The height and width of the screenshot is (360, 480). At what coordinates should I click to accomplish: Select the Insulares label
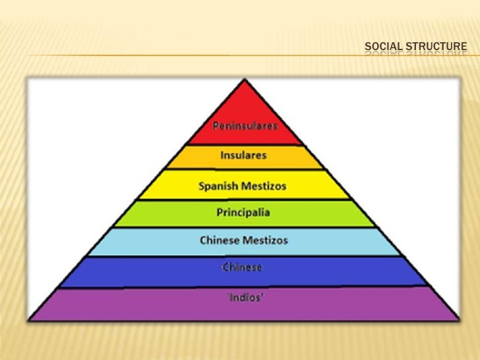243,156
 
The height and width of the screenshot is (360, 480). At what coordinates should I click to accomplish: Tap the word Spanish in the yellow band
217,186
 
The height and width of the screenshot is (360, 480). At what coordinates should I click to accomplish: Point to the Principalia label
243,213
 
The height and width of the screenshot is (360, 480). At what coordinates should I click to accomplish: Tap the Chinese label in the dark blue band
242,267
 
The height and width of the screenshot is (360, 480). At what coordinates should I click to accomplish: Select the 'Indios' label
245,297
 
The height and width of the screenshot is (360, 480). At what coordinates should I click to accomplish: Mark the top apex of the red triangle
245,80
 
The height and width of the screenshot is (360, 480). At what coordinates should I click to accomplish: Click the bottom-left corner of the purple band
32,320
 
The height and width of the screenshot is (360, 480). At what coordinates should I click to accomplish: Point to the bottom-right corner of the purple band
459,320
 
